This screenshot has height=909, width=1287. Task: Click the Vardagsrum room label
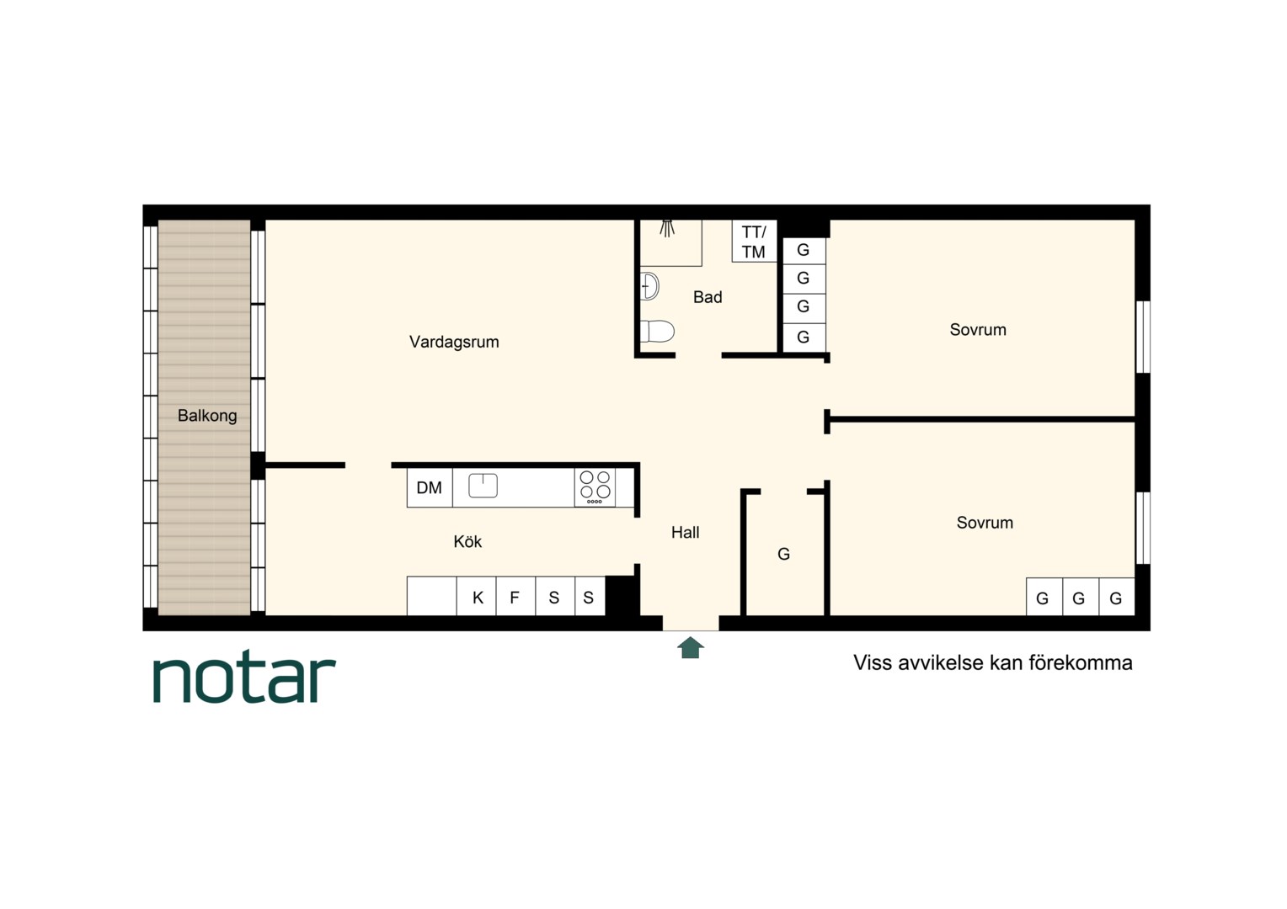[454, 343]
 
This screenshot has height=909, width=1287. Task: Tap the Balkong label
[207, 415]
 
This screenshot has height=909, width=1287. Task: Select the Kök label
[467, 541]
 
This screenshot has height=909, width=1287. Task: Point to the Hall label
[686, 532]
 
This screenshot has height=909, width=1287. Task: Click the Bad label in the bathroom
[708, 297]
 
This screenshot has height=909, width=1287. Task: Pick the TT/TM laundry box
[754, 242]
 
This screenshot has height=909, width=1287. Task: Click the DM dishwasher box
[430, 487]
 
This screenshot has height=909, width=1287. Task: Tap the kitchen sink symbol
[483, 486]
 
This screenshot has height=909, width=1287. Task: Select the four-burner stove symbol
[595, 487]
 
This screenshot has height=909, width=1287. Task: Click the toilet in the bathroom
[657, 332]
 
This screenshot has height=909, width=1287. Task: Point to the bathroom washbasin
[649, 285]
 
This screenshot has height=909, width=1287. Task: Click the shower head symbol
[667, 228]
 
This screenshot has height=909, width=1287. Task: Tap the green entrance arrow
[690, 648]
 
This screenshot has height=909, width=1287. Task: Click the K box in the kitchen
[477, 597]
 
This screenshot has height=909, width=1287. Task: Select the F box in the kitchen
[515, 597]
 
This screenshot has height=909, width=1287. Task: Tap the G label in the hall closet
[783, 554]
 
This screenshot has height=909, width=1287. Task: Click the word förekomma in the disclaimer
[1080, 663]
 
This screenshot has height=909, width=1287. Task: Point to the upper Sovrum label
[978, 330]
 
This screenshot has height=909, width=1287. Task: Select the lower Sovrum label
[985, 523]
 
